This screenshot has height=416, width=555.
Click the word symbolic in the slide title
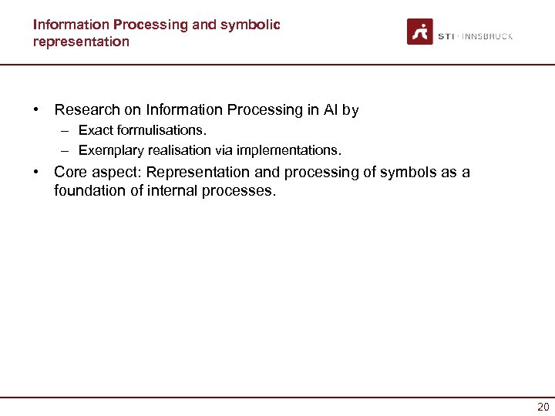(251, 25)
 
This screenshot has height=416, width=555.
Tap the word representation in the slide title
(81, 42)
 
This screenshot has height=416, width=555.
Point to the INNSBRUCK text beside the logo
(487, 36)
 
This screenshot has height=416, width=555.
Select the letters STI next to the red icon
(446, 36)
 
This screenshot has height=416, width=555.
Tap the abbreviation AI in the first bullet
(329, 110)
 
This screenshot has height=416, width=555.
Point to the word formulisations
(161, 130)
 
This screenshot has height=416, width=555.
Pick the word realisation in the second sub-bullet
(176, 149)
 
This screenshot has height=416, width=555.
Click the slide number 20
(543, 407)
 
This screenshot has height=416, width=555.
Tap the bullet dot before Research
(36, 110)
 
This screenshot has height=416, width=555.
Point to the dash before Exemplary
(67, 149)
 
